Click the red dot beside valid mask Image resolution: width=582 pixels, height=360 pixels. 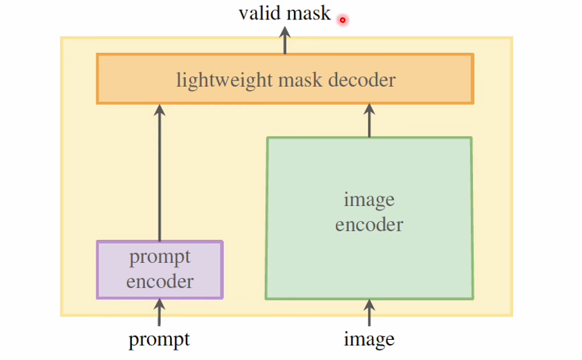(342, 20)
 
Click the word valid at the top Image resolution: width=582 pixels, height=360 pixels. (258, 13)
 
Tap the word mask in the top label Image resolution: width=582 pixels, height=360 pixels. (307, 13)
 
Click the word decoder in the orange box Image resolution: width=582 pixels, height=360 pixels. (362, 80)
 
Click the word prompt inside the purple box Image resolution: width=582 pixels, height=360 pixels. (160, 258)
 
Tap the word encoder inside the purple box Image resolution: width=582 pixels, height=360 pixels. (160, 281)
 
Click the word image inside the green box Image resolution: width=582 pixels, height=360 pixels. (369, 200)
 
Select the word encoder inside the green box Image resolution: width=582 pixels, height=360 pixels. (369, 225)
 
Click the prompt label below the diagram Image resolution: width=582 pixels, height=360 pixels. (159, 339)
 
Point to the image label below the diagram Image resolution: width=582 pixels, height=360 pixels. (369, 339)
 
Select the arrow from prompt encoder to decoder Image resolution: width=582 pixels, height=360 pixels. (160, 173)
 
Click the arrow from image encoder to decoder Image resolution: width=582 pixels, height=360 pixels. (369, 121)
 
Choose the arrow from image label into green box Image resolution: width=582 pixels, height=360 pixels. (369, 313)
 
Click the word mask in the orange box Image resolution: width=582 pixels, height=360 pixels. (301, 80)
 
